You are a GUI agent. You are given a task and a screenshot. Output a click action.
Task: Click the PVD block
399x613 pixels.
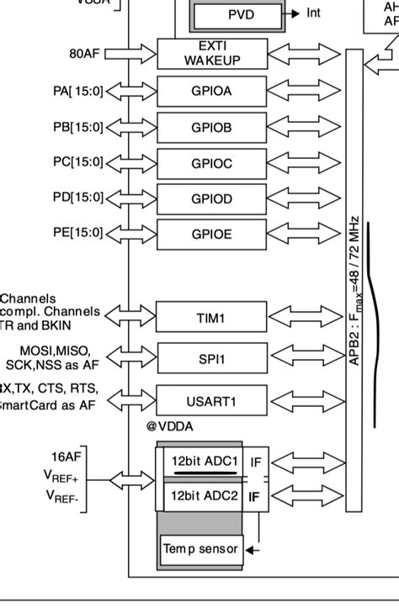click(242, 15)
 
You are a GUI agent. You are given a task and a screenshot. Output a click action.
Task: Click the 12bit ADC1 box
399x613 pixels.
click(205, 462)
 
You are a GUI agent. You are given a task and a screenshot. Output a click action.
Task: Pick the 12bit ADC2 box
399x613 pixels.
click(205, 496)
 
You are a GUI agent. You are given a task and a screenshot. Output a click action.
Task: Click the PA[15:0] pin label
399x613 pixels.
click(77, 91)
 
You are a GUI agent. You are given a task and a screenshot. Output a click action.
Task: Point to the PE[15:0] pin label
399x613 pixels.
click(77, 232)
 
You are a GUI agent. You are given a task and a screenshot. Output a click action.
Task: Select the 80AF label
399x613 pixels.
click(85, 54)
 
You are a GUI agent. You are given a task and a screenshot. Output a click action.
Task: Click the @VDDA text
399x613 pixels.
click(169, 426)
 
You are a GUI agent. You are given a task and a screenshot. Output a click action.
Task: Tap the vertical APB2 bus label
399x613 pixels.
click(355, 290)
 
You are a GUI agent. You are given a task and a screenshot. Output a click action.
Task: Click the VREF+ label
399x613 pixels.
click(61, 475)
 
